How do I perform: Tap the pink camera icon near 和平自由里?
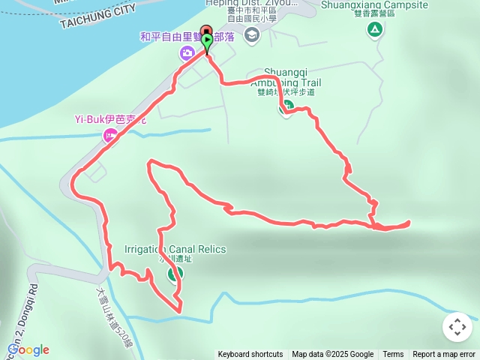pyautogui.click(x=187, y=52)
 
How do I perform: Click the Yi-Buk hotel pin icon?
pyautogui.click(x=110, y=135)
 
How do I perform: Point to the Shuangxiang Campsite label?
pyautogui.click(x=373, y=4)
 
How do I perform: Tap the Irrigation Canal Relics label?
pyautogui.click(x=175, y=249)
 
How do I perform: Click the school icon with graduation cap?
pyautogui.click(x=251, y=34)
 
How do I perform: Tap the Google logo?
pyautogui.click(x=28, y=349)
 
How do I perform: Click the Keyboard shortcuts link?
pyautogui.click(x=250, y=355)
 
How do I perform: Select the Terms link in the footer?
pyautogui.click(x=393, y=355)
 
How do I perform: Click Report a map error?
pyautogui.click(x=444, y=355)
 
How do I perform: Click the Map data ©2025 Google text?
pyautogui.click(x=332, y=355)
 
